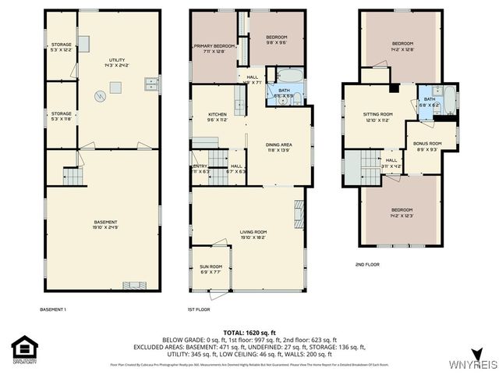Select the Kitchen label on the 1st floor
pos(206,118)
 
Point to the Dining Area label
pos(278,145)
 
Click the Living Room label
pos(253,232)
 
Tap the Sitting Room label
pos(377,116)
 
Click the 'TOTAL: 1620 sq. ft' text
pos(249,332)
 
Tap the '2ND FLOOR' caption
pos(367,265)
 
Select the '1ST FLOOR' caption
pos(199,310)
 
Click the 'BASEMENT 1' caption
pos(53,310)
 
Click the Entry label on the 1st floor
pos(200,169)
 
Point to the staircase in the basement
pos(72,178)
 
